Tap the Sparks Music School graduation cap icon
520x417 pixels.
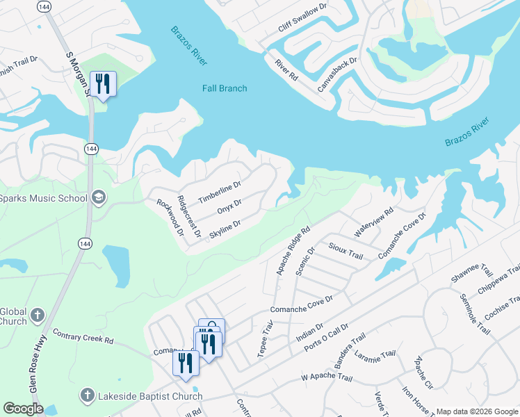click(99, 198)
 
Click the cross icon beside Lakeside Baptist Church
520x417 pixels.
click(87, 395)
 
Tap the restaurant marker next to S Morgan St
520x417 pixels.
click(103, 84)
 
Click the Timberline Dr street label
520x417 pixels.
click(219, 193)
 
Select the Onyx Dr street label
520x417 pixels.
click(229, 207)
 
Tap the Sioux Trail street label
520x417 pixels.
click(346, 252)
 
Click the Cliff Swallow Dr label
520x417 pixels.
click(302, 16)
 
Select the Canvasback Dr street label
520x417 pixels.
click(337, 76)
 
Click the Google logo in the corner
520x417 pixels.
click(22, 409)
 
